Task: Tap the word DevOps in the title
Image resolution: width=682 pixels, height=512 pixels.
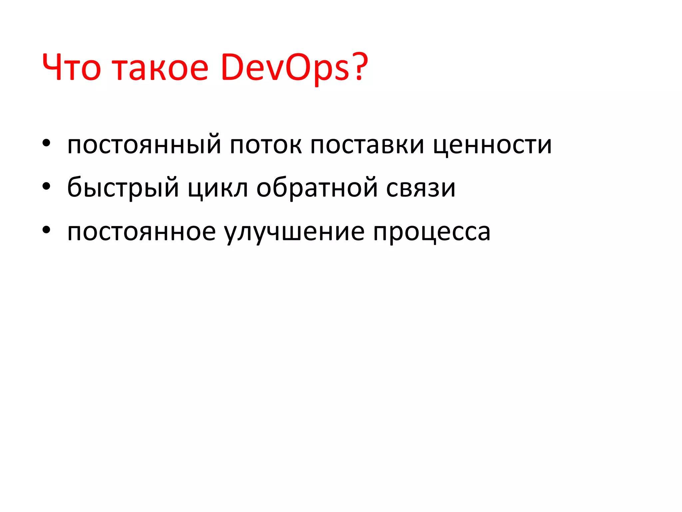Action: [x=285, y=68]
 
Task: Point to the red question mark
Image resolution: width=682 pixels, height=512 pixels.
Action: [x=360, y=67]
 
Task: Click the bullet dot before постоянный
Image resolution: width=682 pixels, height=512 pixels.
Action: [x=46, y=143]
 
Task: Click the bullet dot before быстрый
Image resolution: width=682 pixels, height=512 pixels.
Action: [x=46, y=186]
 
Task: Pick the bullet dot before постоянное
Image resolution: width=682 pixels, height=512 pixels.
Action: [x=46, y=230]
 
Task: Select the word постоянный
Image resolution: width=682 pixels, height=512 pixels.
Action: [x=144, y=145]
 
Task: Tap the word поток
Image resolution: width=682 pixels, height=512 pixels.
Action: [x=266, y=145]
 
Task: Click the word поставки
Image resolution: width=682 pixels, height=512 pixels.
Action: [x=367, y=145]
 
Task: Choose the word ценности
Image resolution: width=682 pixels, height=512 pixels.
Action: [x=492, y=145]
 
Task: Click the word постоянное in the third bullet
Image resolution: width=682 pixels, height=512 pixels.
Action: [x=142, y=232]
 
